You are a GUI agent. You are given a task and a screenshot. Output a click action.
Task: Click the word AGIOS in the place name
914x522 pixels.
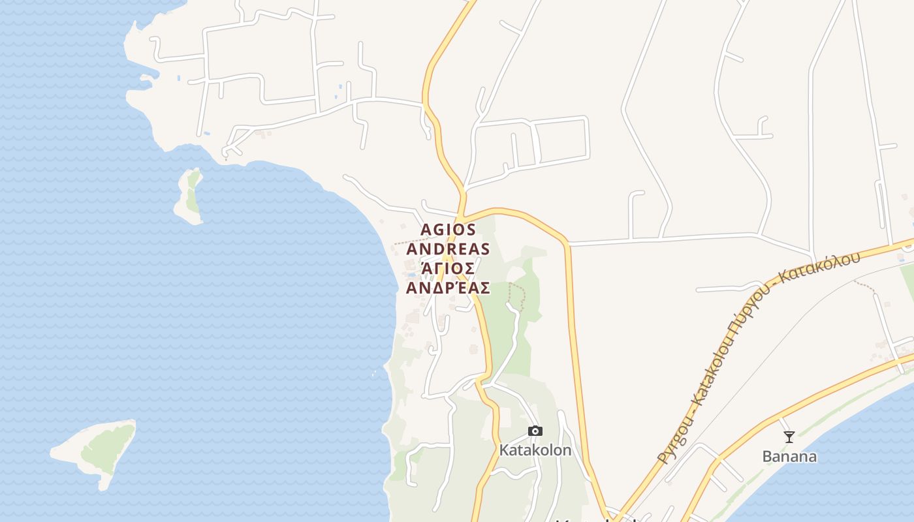pyautogui.click(x=449, y=230)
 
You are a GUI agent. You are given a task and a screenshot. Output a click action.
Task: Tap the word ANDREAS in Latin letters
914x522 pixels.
pyautogui.click(x=449, y=249)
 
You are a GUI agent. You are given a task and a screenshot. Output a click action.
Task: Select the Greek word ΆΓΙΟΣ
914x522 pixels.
pyautogui.click(x=449, y=268)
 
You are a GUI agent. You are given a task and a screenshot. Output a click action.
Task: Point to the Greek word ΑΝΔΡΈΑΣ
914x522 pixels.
pyautogui.click(x=449, y=287)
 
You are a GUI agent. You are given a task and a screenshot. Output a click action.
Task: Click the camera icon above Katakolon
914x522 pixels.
pyautogui.click(x=535, y=431)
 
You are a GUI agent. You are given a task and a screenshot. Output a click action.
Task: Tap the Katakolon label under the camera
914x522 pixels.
pyautogui.click(x=535, y=450)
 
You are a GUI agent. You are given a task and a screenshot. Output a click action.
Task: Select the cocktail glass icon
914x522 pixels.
pyautogui.click(x=789, y=437)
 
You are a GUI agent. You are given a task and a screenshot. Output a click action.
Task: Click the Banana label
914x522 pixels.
pyautogui.click(x=789, y=457)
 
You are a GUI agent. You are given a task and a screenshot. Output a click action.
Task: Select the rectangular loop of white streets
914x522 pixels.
pyautogui.click(x=561, y=140)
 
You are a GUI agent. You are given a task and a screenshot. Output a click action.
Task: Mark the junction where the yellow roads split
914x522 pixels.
pyautogui.click(x=462, y=214)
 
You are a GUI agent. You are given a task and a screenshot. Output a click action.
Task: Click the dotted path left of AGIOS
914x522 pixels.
pyautogui.click(x=408, y=243)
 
